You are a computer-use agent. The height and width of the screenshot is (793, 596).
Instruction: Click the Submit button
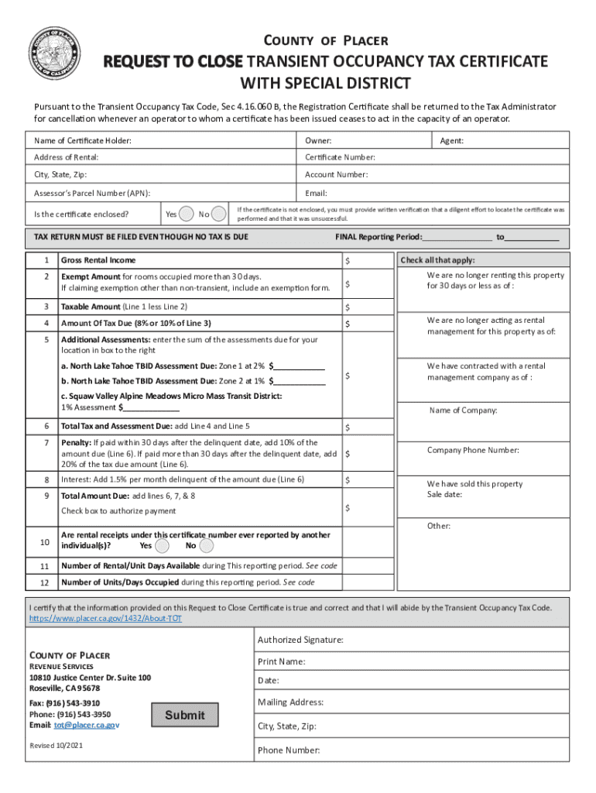click(x=185, y=715)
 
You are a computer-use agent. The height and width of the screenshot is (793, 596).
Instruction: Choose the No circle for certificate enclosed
click(x=220, y=213)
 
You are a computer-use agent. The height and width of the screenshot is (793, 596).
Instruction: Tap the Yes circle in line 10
click(x=162, y=545)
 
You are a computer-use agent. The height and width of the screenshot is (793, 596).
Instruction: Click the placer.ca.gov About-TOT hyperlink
click(x=105, y=620)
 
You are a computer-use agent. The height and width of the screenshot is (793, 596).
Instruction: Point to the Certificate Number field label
click(x=340, y=157)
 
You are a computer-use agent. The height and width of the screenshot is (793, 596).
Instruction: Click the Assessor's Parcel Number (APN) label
click(x=92, y=194)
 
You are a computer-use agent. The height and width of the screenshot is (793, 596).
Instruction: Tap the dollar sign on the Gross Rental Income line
click(x=348, y=261)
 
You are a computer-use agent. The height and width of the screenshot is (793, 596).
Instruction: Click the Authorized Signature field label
click(x=300, y=640)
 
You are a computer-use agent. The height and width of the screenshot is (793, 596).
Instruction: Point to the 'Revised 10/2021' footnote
click(x=57, y=745)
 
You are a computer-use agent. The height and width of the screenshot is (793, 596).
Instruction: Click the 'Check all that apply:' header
click(x=437, y=260)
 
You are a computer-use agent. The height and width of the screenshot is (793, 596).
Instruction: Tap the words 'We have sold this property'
click(x=474, y=484)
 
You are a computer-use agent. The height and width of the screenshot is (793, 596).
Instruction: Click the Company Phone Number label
click(x=473, y=450)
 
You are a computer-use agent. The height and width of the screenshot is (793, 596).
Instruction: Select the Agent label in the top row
click(x=452, y=140)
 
